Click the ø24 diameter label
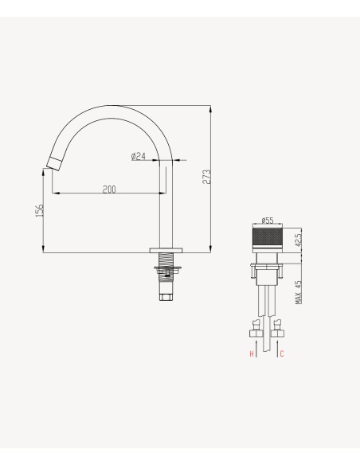point(139,156)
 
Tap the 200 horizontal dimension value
point(109,190)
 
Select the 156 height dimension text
point(40,210)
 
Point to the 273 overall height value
point(207,177)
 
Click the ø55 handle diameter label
point(268,221)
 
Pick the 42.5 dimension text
point(299,239)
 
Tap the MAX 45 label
point(299,292)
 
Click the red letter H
point(252,354)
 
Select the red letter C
point(282,354)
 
